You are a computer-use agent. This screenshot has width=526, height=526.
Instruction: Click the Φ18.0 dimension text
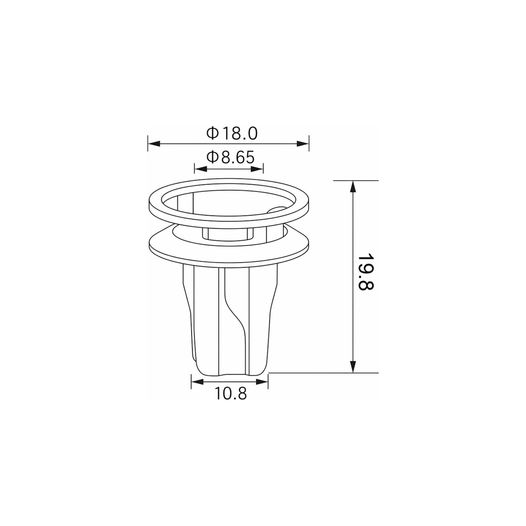(x=232, y=133)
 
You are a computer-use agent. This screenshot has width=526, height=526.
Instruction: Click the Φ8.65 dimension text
(x=231, y=157)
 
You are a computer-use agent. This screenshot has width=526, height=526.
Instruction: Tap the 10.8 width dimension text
(x=231, y=393)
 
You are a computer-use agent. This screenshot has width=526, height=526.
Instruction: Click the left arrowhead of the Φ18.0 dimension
(x=154, y=143)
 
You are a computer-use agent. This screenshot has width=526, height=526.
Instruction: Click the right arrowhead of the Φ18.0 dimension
(x=303, y=143)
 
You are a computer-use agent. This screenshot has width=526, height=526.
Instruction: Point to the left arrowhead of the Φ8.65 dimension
(x=200, y=169)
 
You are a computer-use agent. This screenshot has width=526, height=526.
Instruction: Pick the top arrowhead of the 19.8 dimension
(x=353, y=187)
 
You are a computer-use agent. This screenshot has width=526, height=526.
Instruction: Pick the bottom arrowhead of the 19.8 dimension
(x=353, y=366)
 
